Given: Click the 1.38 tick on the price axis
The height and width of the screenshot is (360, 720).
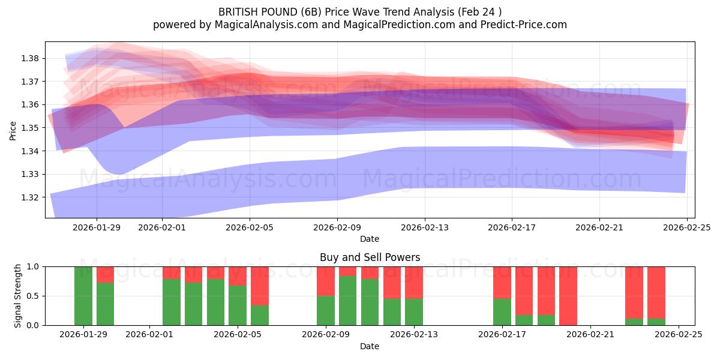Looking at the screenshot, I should pos(31,58).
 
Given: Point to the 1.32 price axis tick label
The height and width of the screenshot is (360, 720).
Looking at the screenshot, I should pos(31,197).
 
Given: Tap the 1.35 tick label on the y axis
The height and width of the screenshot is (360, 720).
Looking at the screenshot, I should pos(31,128).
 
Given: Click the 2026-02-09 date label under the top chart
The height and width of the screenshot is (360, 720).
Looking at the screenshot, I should pos(337,227).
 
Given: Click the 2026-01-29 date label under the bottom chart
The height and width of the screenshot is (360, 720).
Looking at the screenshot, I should pos(84,335).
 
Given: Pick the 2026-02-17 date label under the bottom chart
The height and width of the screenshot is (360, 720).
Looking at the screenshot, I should pos(502,335).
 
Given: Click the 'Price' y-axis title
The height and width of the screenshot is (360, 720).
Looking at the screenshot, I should pos(13,130).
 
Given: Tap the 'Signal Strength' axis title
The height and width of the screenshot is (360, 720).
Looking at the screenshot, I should pos(18,295).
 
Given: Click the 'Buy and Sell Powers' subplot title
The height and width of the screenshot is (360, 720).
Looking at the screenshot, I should pos(370,257).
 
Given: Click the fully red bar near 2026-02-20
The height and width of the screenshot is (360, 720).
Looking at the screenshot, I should pos(568,296).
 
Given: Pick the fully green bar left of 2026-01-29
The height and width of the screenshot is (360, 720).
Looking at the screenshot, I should pos(83,296).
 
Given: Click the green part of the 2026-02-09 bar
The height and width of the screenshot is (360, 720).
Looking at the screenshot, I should pos(326,310).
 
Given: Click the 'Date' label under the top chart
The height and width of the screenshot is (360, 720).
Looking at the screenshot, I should pos(370,239).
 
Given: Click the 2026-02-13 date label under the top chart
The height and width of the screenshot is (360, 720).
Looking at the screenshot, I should pos(425,227).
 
